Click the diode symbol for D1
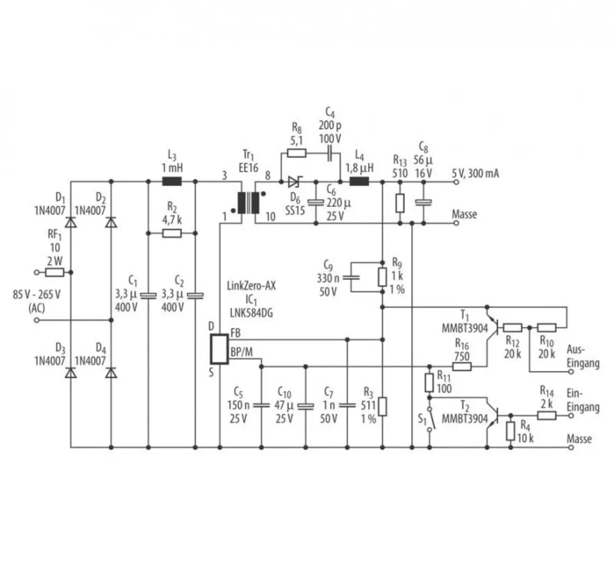(71, 222)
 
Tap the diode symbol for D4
(111, 373)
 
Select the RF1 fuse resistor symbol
(55, 272)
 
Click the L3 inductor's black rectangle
(172, 182)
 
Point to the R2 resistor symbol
(172, 233)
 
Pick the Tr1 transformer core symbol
(248, 203)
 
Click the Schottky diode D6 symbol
(294, 182)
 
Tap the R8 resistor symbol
(297, 153)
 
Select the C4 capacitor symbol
(330, 153)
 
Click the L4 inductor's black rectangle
(359, 182)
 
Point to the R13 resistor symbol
(400, 203)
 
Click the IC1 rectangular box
(219, 349)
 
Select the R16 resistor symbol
(462, 366)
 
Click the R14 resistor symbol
(546, 415)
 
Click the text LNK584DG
(251, 314)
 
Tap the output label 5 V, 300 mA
(475, 173)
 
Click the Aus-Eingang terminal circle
(571, 372)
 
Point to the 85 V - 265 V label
(36, 294)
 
